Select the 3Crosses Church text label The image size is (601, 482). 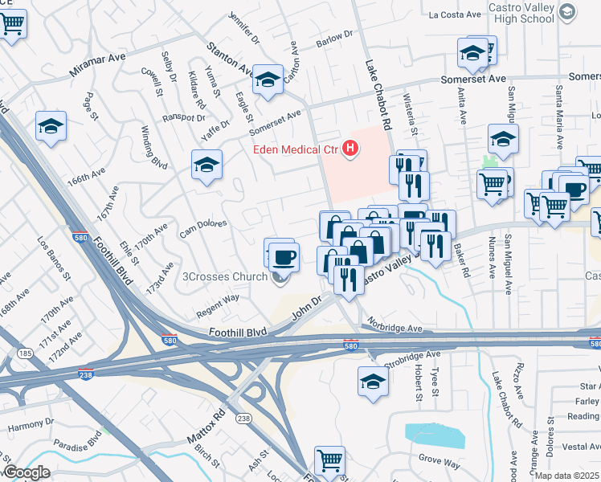(x=225, y=278)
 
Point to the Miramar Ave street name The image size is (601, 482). (x=98, y=63)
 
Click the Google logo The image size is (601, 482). (x=26, y=472)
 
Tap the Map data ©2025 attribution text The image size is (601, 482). (x=566, y=476)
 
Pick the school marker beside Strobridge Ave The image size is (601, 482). (x=373, y=381)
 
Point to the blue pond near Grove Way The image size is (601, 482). (x=435, y=435)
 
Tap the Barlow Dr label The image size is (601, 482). (x=336, y=39)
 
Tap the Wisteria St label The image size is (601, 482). (x=409, y=115)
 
